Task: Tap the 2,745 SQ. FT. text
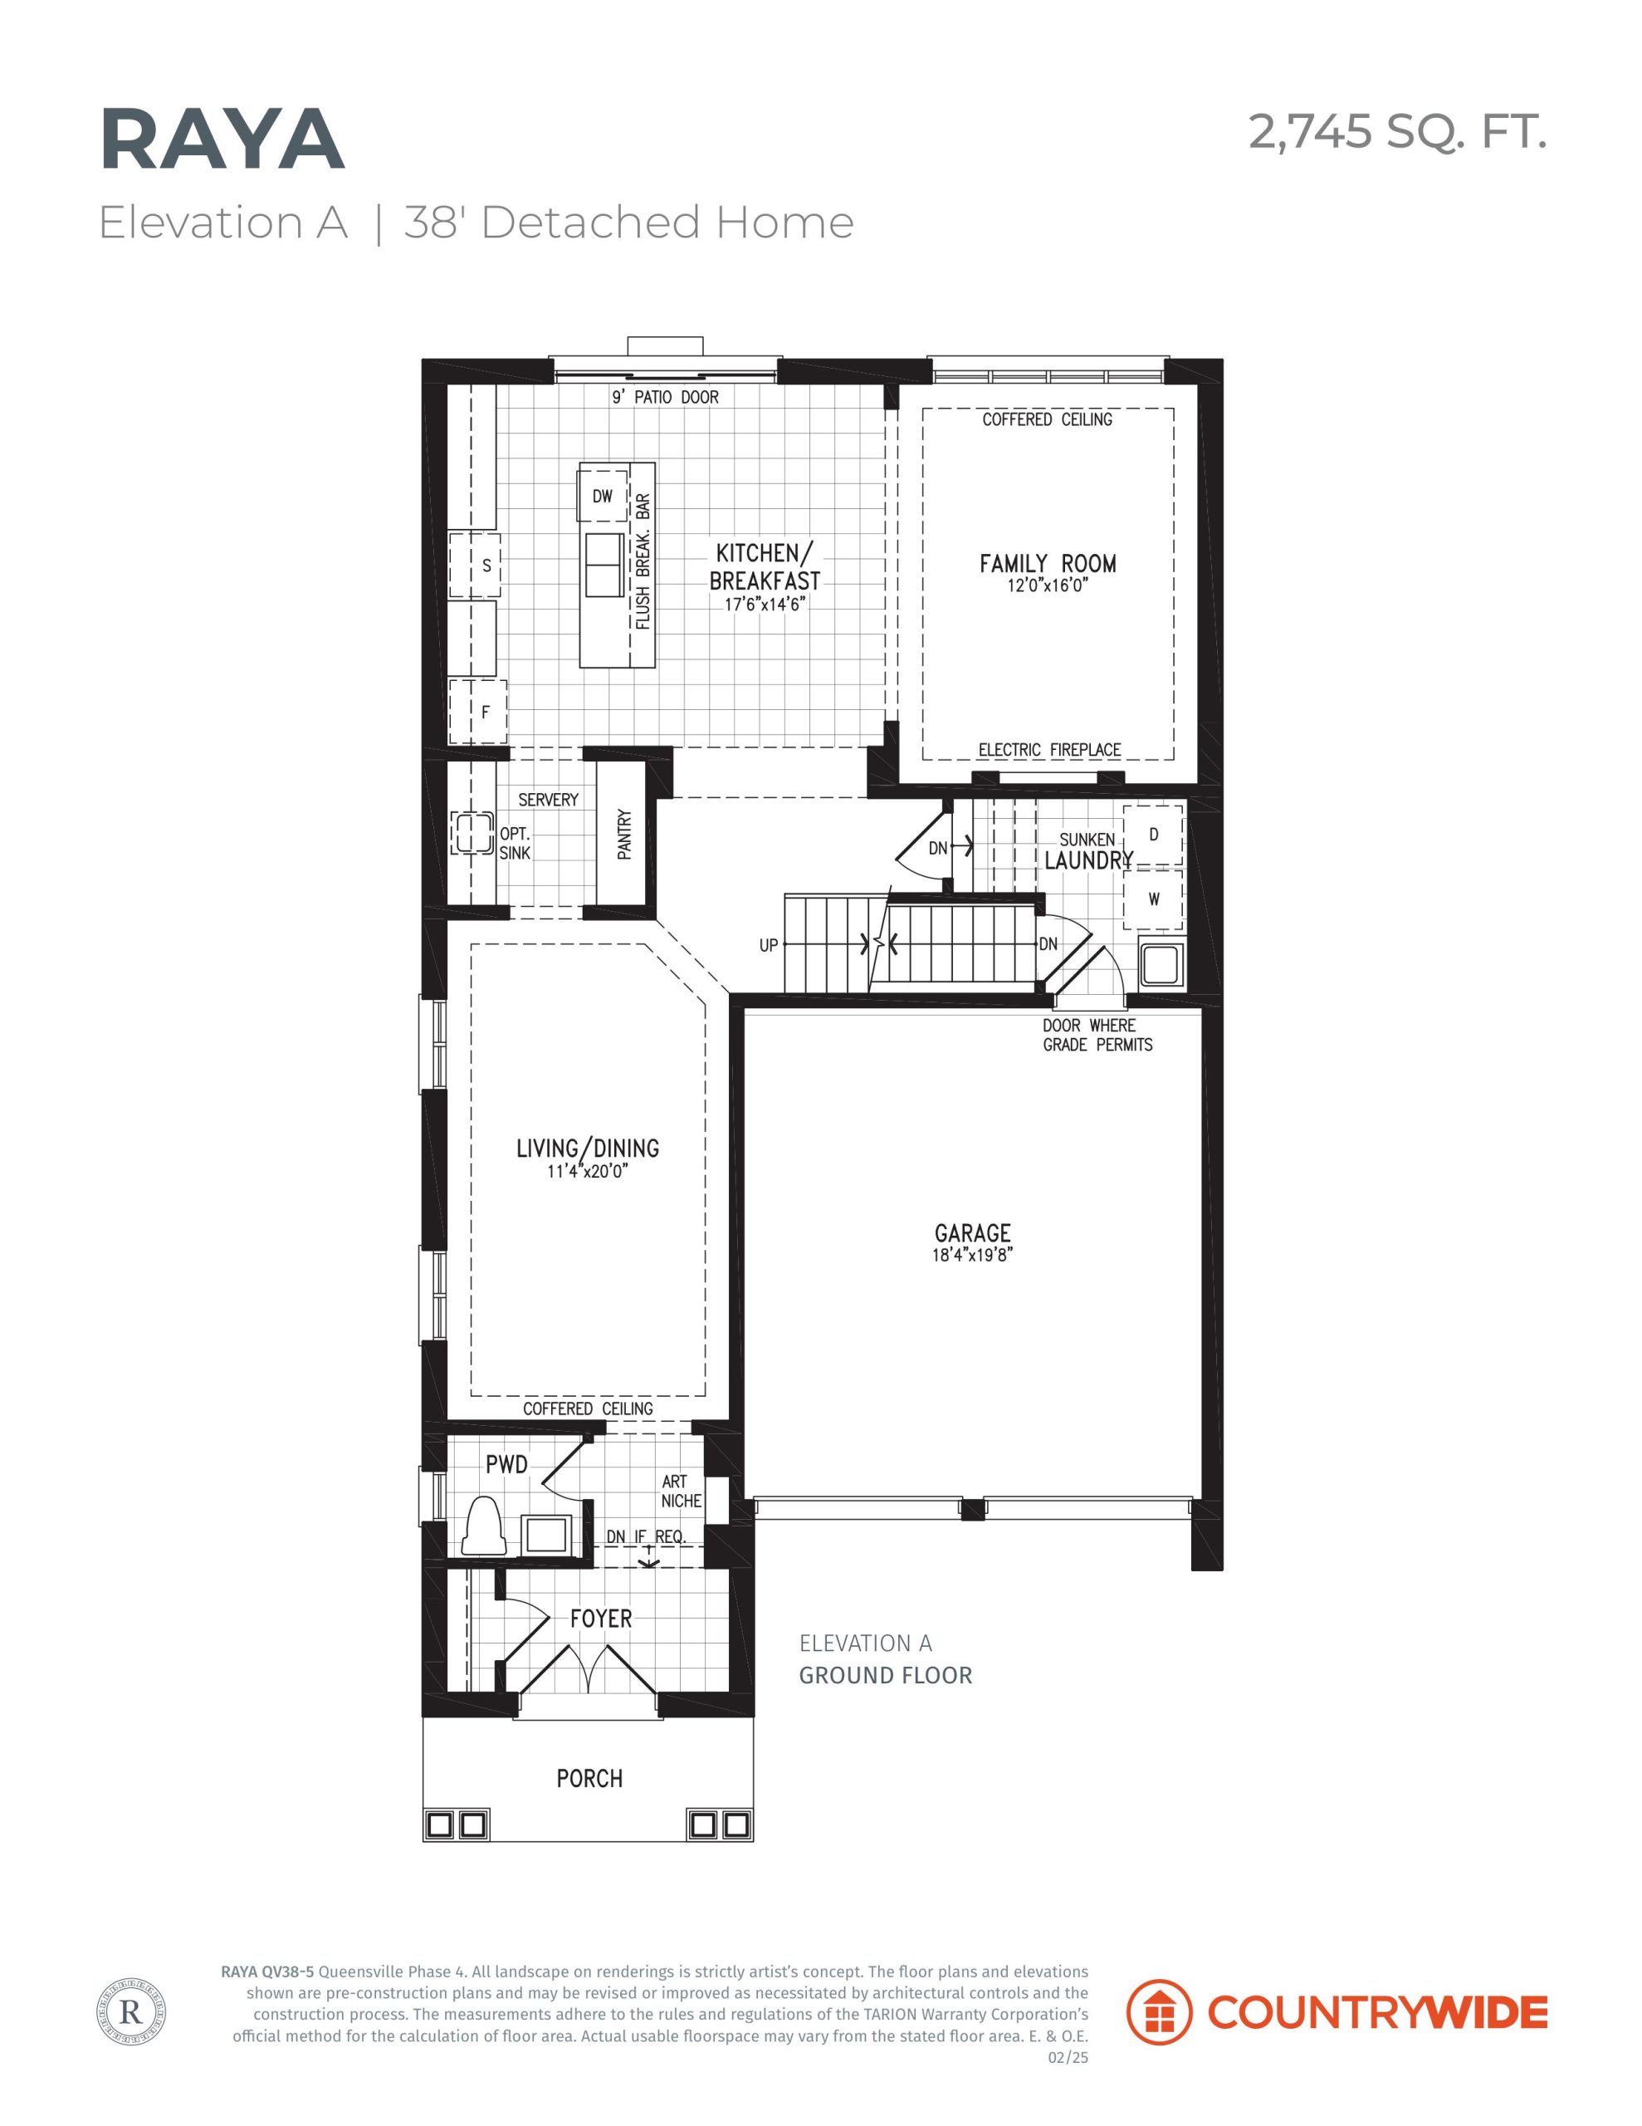pos(1397,131)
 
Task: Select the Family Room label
pos(1048,564)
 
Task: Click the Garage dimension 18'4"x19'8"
pos(972,1255)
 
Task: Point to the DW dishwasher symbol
pos(603,497)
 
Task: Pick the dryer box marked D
pos(1153,835)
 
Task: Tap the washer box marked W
pos(1153,899)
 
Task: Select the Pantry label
pos(625,835)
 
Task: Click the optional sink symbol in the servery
pos(473,833)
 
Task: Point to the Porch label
pos(589,1779)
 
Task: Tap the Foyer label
pos(600,1618)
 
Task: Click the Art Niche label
pos(682,1492)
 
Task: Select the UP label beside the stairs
pos(769,945)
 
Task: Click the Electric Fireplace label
pos(1049,750)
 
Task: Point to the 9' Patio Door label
pos(666,397)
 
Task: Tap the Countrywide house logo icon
pos(1159,2012)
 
